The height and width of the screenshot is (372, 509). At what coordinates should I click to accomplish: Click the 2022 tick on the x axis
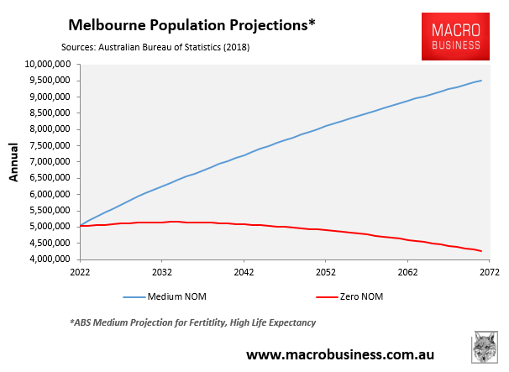tap(80, 273)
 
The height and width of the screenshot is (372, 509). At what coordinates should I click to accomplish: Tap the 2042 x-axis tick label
tap(244, 273)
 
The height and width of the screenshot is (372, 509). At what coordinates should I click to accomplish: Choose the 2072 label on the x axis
tap(490, 273)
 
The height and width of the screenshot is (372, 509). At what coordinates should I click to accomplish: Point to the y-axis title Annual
tap(13, 161)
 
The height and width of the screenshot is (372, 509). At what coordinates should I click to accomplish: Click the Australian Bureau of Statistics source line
tap(155, 47)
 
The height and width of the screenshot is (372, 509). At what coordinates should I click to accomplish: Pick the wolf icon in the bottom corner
tap(484, 348)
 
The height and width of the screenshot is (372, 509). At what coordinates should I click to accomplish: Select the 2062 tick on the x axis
tap(407, 273)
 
